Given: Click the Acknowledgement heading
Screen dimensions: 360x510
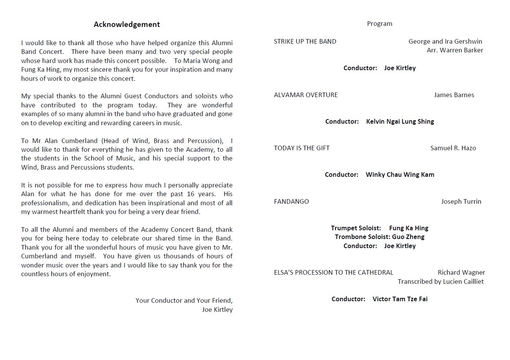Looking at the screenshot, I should point(127,25).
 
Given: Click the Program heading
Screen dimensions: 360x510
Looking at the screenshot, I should point(379,24).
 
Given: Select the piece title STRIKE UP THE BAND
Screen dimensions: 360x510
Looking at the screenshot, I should point(305,41).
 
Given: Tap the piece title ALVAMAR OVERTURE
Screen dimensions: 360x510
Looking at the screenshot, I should point(306,95).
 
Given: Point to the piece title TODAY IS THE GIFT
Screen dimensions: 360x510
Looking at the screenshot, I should point(302,148).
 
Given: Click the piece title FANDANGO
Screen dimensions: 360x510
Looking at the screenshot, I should point(291,201).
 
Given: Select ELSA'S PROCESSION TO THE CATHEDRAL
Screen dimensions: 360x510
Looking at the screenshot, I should point(334,272).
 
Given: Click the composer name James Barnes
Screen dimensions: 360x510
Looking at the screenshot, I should point(454,95).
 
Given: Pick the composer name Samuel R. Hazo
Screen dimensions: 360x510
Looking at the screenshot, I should point(453,148).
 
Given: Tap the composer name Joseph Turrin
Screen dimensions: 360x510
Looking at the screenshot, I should point(461,201).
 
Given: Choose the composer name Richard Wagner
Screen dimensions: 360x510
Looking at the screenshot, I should point(461,272).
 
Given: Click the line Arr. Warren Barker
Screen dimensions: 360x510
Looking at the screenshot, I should point(455,50).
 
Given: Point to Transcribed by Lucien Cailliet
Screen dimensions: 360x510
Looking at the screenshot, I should point(441,281).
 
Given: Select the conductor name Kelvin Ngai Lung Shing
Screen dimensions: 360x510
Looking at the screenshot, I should point(400,121).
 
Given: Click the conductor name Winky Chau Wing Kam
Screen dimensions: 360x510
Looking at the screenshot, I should point(400,174).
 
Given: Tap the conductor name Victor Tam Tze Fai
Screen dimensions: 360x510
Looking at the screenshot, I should point(400,299).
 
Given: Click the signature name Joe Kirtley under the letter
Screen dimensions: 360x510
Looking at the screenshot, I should point(217,310).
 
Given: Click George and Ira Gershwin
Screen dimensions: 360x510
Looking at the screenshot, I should point(445,41).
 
